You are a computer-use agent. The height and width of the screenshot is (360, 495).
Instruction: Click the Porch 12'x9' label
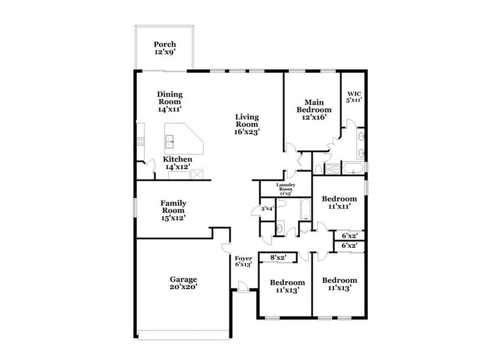click(165, 48)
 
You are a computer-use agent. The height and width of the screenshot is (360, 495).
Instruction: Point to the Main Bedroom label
click(310, 110)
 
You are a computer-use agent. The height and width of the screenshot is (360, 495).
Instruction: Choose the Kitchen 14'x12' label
click(177, 163)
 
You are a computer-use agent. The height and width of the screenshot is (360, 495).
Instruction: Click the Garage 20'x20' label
click(183, 283)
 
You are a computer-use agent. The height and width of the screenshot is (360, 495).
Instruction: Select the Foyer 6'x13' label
click(243, 262)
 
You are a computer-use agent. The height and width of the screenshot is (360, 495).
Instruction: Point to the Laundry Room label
click(286, 189)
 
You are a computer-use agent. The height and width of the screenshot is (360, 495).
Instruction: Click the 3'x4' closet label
click(267, 209)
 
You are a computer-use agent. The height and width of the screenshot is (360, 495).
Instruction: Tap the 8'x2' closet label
click(278, 258)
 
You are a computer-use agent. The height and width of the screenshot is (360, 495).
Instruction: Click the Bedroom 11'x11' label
click(339, 203)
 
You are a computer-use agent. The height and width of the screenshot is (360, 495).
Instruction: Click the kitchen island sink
click(170, 142)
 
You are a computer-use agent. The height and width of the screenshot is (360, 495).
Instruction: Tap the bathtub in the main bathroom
click(354, 168)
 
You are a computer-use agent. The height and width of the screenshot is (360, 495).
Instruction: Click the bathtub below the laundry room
click(304, 210)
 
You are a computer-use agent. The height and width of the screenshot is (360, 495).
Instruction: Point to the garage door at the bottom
click(183, 334)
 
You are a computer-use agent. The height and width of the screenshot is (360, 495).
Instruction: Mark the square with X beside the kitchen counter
click(197, 174)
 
